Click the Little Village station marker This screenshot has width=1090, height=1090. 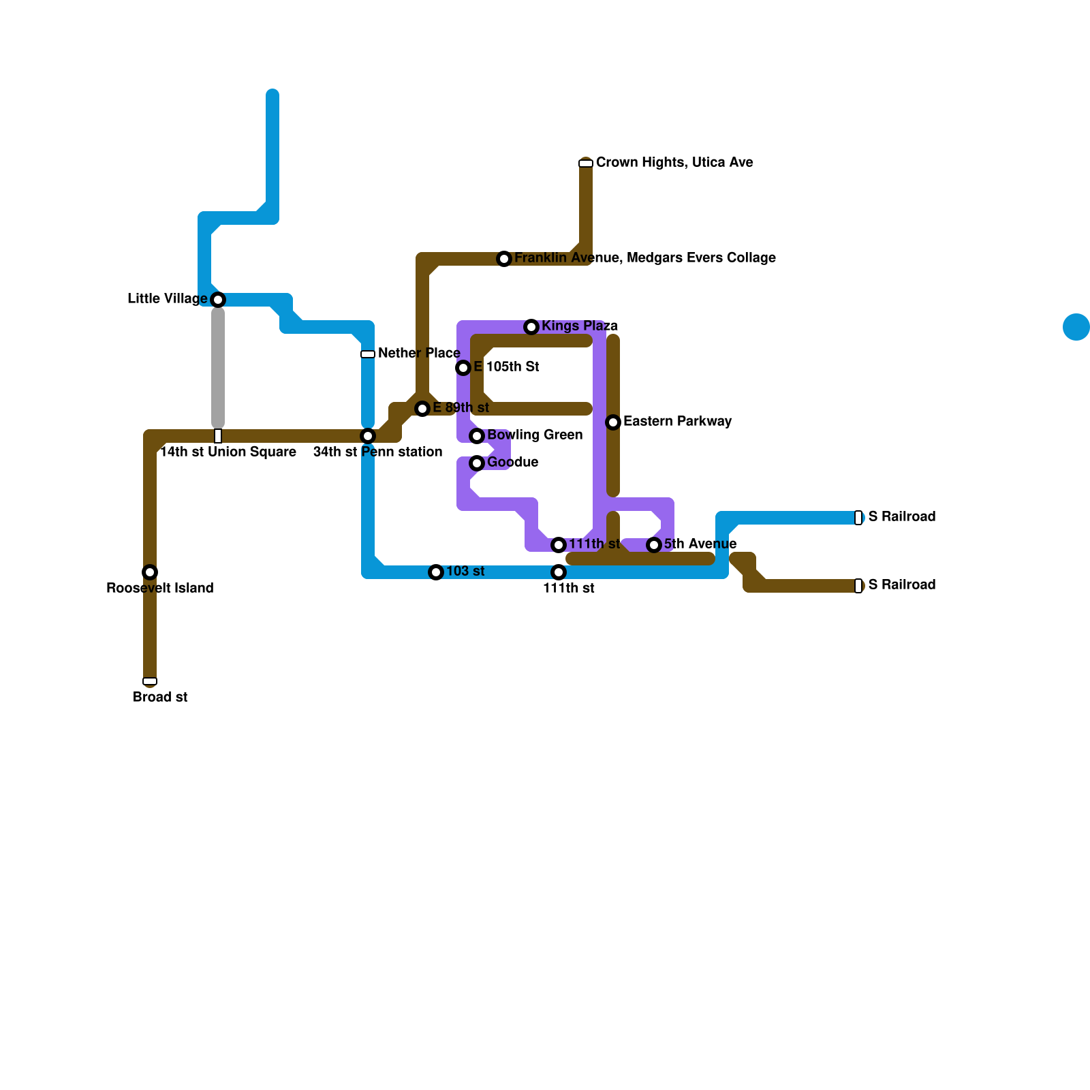[x=218, y=300]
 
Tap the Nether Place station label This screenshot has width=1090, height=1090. [x=418, y=353]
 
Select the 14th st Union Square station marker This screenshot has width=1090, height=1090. [x=218, y=436]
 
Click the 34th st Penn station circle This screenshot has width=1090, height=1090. [x=368, y=436]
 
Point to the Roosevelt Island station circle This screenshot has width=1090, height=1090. [x=150, y=572]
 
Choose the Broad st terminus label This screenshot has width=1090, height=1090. [x=160, y=697]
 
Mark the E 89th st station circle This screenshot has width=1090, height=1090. [x=422, y=409]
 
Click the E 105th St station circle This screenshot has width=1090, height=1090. [x=463, y=368]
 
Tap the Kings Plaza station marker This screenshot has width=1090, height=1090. [x=531, y=327]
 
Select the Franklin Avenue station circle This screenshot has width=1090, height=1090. [x=504, y=259]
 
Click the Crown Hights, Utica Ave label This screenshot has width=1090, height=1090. [x=674, y=162]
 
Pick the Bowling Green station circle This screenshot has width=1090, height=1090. [x=477, y=436]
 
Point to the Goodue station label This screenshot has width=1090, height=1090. [x=512, y=462]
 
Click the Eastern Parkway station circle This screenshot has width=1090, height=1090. [x=613, y=422]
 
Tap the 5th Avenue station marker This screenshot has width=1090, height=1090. [x=654, y=545]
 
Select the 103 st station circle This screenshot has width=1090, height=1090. [x=436, y=572]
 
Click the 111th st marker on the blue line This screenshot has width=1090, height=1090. [x=559, y=572]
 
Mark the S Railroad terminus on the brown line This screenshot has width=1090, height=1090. [x=858, y=586]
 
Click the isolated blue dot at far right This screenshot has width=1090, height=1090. [x=1076, y=327]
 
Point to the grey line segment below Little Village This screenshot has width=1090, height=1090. [x=218, y=368]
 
